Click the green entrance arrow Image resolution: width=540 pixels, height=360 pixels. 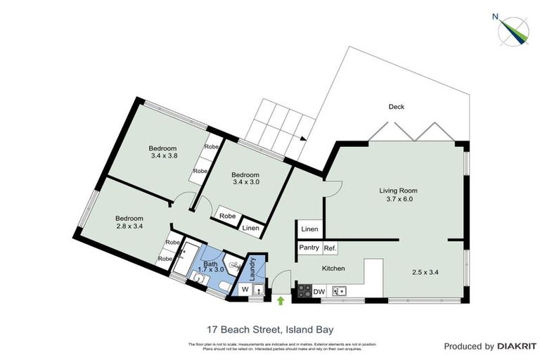[281, 301]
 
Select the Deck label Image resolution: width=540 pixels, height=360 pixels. [397, 107]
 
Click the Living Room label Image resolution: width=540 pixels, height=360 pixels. [399, 191]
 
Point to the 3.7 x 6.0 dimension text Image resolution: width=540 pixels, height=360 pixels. [399, 200]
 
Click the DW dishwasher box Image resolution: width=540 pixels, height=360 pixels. [318, 290]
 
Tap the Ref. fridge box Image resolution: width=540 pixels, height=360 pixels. [330, 247]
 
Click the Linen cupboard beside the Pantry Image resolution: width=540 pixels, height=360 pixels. [309, 230]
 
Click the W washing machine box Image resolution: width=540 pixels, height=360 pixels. [245, 289]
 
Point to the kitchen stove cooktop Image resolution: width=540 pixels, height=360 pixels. [302, 290]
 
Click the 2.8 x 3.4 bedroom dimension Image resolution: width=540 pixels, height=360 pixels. [129, 226]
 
